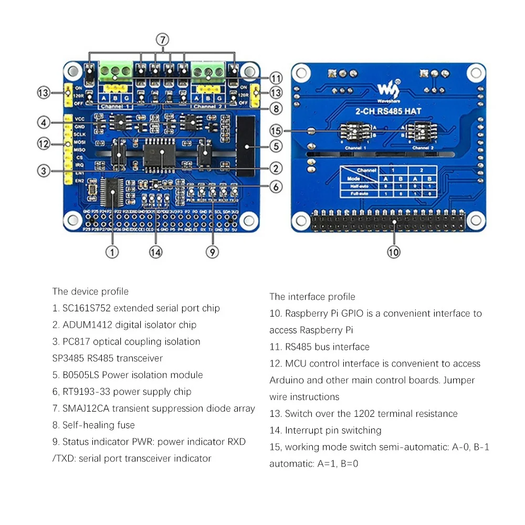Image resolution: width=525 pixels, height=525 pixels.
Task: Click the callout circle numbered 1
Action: pyautogui.click(x=111, y=252)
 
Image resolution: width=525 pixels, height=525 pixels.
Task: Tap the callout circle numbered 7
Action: pyautogui.click(x=163, y=40)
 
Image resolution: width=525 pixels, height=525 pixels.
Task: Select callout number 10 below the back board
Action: pyautogui.click(x=393, y=252)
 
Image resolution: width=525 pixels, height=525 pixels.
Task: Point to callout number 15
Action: pyautogui.click(x=276, y=131)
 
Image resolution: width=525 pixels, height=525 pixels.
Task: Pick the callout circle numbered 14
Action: pyautogui.click(x=155, y=252)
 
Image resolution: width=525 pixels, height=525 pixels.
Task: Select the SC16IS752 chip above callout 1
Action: pyautogui.click(x=112, y=193)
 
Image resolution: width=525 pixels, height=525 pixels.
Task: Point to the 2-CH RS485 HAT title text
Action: pyautogui.click(x=389, y=111)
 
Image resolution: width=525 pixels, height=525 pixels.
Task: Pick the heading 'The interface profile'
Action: pyautogui.click(x=312, y=297)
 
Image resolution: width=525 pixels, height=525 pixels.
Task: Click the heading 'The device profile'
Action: pyautogui.click(x=90, y=291)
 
